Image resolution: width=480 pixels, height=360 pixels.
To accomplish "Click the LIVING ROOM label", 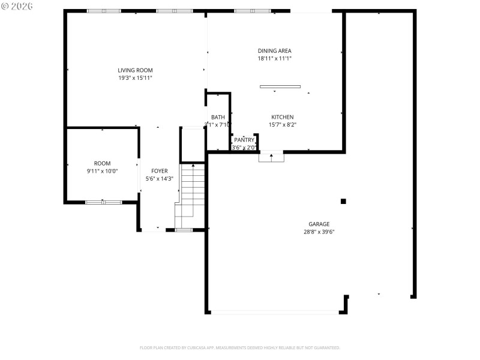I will click(135, 70).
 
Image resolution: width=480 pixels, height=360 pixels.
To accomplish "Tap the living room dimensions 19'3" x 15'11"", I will click(135, 78).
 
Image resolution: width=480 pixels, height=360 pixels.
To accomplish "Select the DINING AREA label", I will click(274, 51).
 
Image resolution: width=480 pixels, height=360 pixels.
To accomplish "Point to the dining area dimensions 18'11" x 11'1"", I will click(274, 59).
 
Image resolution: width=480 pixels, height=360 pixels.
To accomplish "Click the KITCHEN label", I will click(282, 117).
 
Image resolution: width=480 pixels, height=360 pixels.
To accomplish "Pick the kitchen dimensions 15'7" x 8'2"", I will click(282, 125).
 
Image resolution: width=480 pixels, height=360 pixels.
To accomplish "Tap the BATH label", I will click(218, 117).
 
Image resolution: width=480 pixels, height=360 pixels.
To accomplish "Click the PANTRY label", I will click(244, 140).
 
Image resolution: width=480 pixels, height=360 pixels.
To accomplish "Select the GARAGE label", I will click(319, 224).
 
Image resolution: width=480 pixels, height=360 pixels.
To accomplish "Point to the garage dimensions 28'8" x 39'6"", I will click(319, 232).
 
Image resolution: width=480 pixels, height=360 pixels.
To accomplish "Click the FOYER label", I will click(160, 171).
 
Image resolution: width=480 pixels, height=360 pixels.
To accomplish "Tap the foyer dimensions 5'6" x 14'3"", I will click(160, 179).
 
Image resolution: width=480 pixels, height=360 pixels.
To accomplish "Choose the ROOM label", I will click(102, 163).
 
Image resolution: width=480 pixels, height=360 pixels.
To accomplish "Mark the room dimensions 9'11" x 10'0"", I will click(102, 171).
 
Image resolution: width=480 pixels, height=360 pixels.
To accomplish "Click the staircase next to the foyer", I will click(193, 195).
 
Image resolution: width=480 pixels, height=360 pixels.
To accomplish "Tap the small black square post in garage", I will click(343, 202).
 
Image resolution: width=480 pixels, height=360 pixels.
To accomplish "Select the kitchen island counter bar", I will click(280, 86).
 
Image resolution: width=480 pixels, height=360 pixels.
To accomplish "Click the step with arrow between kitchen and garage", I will click(271, 157).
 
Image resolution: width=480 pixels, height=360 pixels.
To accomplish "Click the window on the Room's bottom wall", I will click(103, 202).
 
